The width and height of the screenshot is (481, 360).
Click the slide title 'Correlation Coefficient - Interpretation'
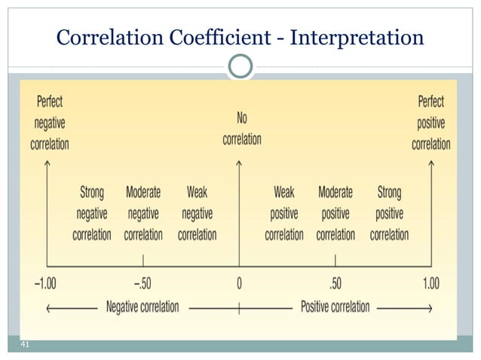pyautogui.click(x=240, y=35)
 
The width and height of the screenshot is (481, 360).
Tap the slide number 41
pyautogui.click(x=24, y=344)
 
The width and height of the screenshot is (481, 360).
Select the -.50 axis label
pyautogui.click(x=143, y=283)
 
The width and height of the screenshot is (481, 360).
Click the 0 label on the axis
pyautogui.click(x=239, y=283)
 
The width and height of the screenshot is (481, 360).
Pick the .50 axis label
pyautogui.click(x=335, y=283)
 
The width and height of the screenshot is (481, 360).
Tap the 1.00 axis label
pyautogui.click(x=430, y=283)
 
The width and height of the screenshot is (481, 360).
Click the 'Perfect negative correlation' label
pyautogui.click(x=50, y=122)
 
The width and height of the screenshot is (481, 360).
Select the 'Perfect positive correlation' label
pyautogui.click(x=431, y=122)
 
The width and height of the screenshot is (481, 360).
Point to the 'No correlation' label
pyautogui.click(x=241, y=128)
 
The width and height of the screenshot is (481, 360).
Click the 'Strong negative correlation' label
pyautogui.click(x=92, y=213)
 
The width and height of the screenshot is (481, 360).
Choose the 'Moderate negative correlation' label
pyautogui.click(x=143, y=213)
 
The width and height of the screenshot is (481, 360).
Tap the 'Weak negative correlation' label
pyautogui.click(x=197, y=213)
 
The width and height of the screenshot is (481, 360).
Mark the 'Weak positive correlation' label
pyautogui.click(x=284, y=213)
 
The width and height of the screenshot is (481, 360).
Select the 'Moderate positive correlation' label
pyautogui.click(x=335, y=213)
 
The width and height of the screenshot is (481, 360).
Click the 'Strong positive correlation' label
pyautogui.click(x=389, y=213)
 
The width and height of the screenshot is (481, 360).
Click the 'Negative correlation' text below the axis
pyautogui.click(x=142, y=307)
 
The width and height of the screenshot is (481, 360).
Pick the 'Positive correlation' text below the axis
pyautogui.click(x=335, y=307)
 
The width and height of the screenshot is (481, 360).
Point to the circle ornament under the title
pyautogui.click(x=240, y=66)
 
